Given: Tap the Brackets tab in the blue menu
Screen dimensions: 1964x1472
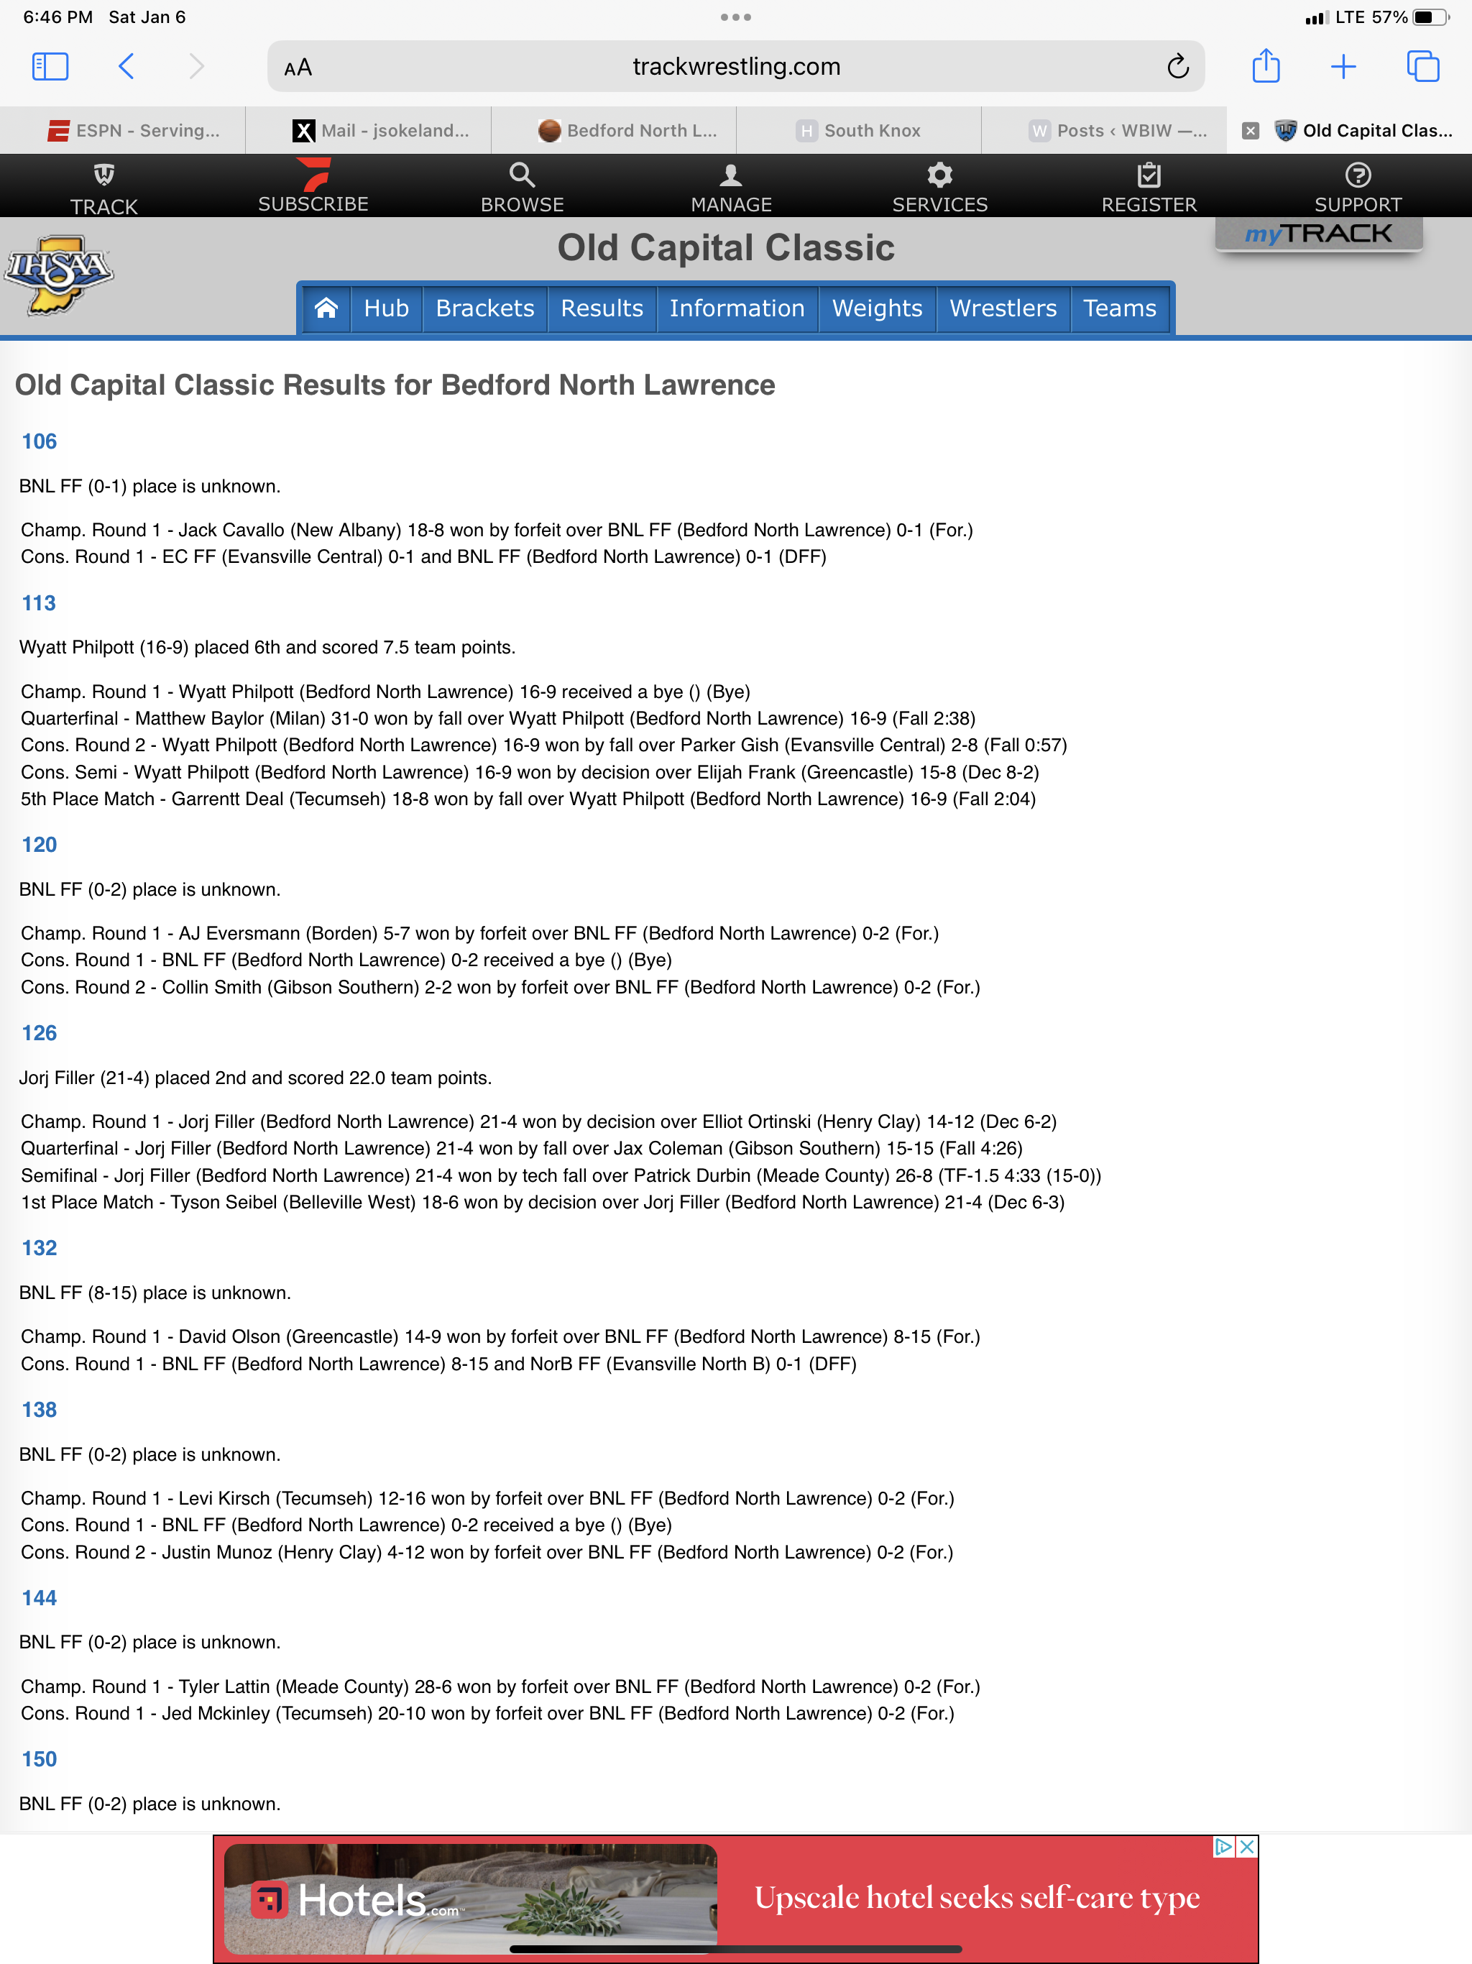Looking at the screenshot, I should click(484, 308).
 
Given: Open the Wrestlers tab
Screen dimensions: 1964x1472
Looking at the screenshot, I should click(1003, 308).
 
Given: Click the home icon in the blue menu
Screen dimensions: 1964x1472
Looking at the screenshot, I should click(326, 308).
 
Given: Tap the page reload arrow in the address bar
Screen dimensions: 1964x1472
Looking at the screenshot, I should click(1177, 67).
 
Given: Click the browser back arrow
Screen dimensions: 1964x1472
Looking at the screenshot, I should click(126, 67).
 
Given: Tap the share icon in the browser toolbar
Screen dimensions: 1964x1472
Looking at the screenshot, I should click(1265, 67).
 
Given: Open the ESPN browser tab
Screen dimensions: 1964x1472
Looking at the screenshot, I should click(133, 131).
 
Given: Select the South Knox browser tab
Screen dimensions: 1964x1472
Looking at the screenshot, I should click(860, 131).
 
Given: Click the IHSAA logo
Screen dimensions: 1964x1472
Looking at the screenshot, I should click(59, 273).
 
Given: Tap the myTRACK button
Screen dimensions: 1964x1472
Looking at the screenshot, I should click(1318, 234).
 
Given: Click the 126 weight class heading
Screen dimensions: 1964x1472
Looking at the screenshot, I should click(39, 1032).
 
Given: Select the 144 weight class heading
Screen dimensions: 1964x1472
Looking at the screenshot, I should click(39, 1597).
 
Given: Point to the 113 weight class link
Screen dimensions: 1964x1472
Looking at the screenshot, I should click(39, 603).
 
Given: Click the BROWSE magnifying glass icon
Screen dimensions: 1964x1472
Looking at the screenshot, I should click(522, 175).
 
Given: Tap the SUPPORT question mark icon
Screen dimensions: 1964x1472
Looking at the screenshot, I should click(1358, 175).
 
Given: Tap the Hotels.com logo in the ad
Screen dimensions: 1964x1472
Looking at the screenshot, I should click(355, 1900).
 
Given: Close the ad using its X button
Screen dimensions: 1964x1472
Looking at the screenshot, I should click(1246, 1847).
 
